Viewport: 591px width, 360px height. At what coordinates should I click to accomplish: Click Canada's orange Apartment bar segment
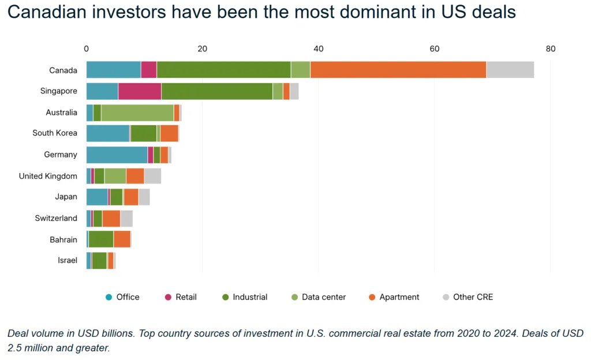[x=398, y=70]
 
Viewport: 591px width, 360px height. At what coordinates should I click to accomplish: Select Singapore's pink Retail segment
[x=140, y=91]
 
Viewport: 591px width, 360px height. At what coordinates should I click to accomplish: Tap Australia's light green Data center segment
[x=137, y=112]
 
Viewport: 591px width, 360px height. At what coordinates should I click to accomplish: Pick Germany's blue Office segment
[x=117, y=155]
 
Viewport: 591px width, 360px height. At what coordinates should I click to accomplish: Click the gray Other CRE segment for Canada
[x=510, y=70]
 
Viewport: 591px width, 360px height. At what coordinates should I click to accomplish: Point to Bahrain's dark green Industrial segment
[x=101, y=239]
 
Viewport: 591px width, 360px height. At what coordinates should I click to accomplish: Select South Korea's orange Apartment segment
[x=169, y=133]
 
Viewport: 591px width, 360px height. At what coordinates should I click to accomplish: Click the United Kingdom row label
[x=48, y=176]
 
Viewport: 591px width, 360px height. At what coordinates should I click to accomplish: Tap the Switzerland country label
[x=56, y=218]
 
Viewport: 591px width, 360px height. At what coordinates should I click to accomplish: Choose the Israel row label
[x=68, y=260]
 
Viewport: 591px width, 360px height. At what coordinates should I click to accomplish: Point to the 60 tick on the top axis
[x=435, y=49]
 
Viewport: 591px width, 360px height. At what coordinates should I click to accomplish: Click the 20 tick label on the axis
[x=202, y=49]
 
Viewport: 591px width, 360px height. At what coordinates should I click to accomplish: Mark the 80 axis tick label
[x=550, y=49]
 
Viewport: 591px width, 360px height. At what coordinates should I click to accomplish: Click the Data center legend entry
[x=324, y=297]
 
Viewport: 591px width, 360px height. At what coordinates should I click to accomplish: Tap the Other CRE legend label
[x=473, y=297]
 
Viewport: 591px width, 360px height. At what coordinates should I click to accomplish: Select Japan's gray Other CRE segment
[x=144, y=197]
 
